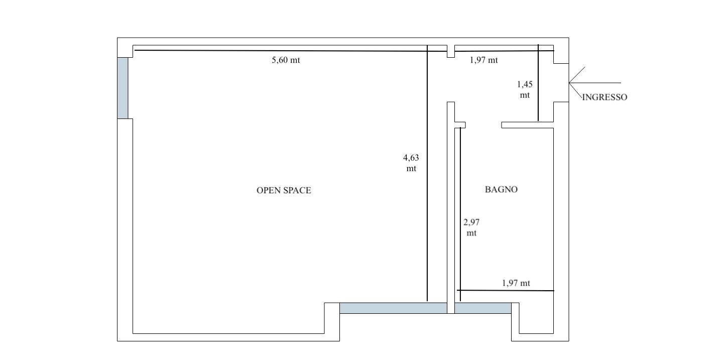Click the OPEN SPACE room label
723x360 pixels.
[x=284, y=190]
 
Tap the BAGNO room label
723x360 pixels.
[x=501, y=189]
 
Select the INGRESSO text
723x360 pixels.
[x=605, y=97]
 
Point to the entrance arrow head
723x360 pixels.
[x=571, y=83]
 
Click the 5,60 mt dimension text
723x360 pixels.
[x=286, y=60]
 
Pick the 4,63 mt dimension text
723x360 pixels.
[x=411, y=163]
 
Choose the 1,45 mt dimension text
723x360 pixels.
[x=525, y=89]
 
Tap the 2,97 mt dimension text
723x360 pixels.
[x=471, y=227]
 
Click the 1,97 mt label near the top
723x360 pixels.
[x=484, y=60]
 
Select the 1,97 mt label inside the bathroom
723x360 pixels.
[x=516, y=283]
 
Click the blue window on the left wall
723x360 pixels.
[x=123, y=88]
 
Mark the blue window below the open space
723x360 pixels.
[x=393, y=308]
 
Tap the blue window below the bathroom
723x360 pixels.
[x=483, y=308]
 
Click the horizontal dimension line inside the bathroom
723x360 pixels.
[x=505, y=290]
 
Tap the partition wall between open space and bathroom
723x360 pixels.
[x=451, y=211]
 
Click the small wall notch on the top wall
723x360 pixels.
[x=451, y=51]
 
